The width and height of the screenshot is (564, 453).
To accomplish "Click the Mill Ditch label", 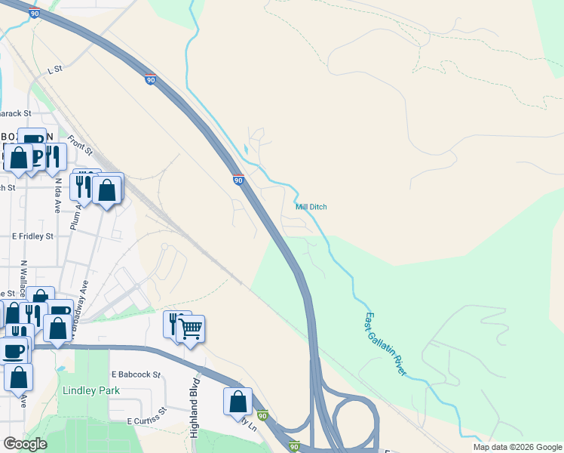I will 311,206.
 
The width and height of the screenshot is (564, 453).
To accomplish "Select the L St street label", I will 54,69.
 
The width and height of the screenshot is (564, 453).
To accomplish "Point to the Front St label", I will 79,146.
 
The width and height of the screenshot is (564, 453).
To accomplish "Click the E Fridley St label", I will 32,236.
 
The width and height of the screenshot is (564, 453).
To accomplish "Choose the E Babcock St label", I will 136,374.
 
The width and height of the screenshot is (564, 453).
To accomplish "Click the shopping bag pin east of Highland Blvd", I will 238,401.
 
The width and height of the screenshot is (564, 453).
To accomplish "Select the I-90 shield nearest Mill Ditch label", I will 238,180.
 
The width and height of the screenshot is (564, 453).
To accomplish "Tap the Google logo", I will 25,444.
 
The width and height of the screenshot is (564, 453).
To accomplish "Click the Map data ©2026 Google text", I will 516,447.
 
